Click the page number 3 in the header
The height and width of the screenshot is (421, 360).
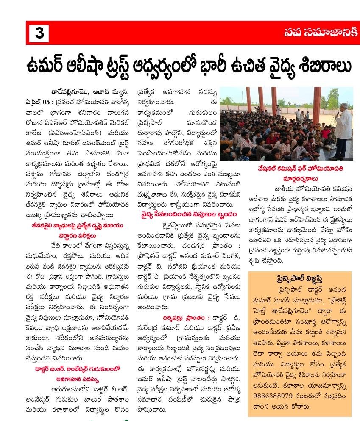(39, 33)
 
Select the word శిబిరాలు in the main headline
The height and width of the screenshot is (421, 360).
(325, 66)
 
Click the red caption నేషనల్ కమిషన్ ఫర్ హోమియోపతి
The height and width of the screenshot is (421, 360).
(300, 169)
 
